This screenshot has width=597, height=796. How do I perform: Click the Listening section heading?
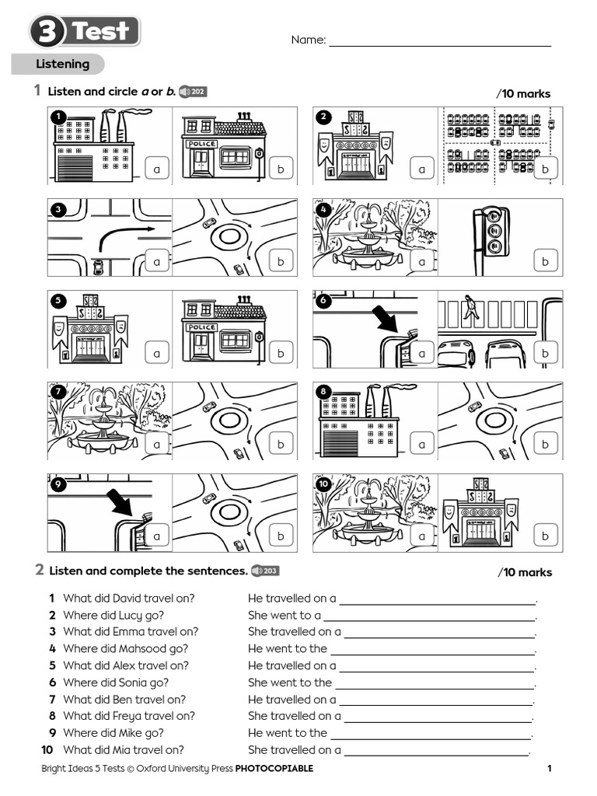click(x=62, y=65)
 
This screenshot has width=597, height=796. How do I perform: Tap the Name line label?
click(x=308, y=40)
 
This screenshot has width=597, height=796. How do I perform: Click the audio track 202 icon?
click(x=193, y=92)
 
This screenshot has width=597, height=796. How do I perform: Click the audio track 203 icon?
click(x=264, y=571)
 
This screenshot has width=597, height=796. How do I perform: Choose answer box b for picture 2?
click(x=546, y=169)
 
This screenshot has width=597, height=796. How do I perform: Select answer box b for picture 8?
click(x=546, y=444)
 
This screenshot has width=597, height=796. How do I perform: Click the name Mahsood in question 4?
click(x=144, y=649)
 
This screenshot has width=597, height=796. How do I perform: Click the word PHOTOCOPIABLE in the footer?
click(x=274, y=769)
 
